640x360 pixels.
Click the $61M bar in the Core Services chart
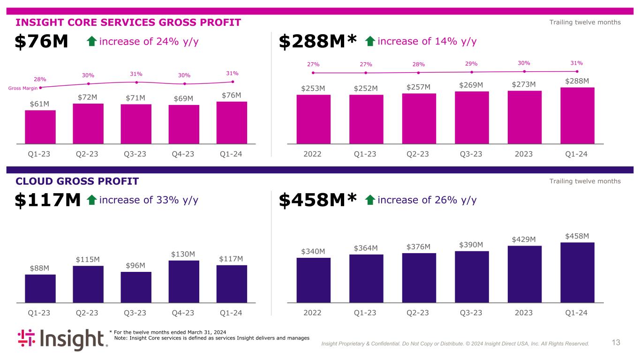point(40,127)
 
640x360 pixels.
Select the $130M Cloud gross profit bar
point(184,281)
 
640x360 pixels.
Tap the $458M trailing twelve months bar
point(577,272)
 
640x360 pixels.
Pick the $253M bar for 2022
point(313,119)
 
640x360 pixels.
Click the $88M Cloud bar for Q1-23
point(40,288)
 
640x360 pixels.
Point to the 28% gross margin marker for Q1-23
point(41,87)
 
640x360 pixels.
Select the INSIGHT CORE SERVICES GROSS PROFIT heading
point(128,22)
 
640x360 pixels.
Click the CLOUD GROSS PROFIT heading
point(77,181)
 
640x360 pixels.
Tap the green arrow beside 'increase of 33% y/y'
point(92,201)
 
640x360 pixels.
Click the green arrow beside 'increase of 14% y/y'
point(370,42)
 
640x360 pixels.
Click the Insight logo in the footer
point(62,340)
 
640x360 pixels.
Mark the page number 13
point(616,343)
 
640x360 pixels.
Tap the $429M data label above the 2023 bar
point(524,239)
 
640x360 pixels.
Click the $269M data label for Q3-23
point(471,84)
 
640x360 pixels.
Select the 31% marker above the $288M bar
point(577,71)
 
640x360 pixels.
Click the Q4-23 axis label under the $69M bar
point(183,154)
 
